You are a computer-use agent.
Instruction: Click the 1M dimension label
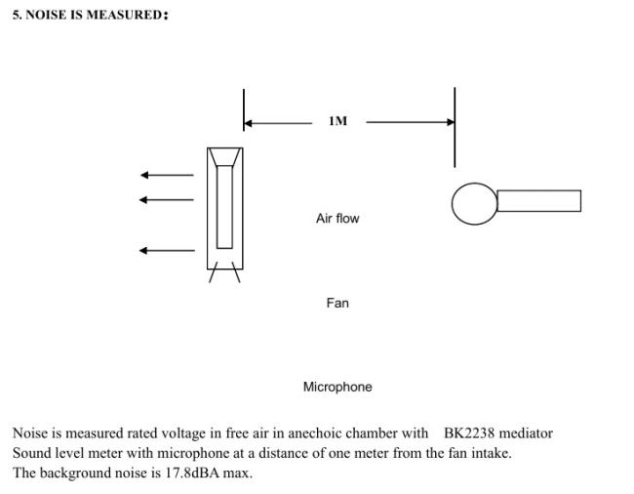337,121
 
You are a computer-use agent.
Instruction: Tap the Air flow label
337,219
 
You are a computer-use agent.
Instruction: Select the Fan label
337,303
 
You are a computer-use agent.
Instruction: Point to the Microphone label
337,387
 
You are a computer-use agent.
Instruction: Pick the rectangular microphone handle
539,190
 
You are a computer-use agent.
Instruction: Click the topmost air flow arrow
167,175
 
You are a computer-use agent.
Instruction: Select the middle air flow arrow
167,200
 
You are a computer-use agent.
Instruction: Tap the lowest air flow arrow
167,251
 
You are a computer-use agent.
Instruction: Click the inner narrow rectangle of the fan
218,207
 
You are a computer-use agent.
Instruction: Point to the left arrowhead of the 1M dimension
249,123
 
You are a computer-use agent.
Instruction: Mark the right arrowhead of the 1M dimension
450,122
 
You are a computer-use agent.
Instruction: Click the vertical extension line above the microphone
455,127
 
